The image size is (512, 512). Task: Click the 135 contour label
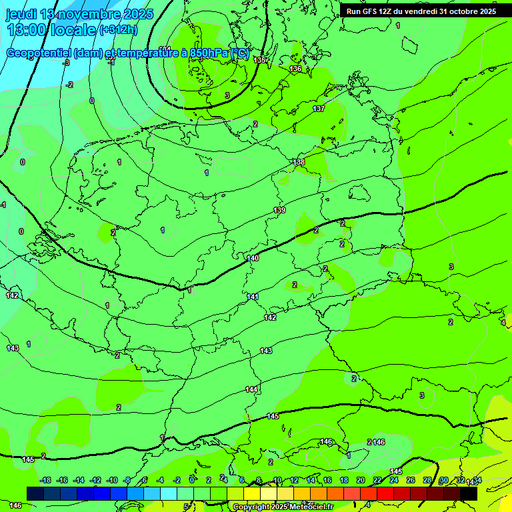[x=260, y=60]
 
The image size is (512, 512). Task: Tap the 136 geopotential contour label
[x=296, y=69]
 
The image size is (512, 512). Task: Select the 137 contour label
[x=319, y=109]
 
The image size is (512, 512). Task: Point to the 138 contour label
[x=299, y=162]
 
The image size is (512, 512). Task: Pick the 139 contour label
[x=279, y=211]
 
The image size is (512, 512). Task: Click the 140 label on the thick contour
[x=253, y=258]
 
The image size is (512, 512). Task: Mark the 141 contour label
[x=253, y=297]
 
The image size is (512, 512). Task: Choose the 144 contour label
[x=251, y=389]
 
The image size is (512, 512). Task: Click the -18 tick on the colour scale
[x=45, y=480]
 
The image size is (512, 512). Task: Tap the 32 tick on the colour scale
[x=460, y=480]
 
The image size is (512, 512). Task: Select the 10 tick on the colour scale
[x=277, y=480]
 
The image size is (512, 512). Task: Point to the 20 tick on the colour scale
[x=360, y=480]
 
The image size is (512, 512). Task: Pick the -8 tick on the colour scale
[x=127, y=480]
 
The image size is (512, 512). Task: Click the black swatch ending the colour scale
[x=469, y=493]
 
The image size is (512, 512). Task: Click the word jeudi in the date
[x=21, y=14]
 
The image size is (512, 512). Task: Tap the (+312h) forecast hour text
[x=118, y=29]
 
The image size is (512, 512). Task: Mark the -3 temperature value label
[x=65, y=63]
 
